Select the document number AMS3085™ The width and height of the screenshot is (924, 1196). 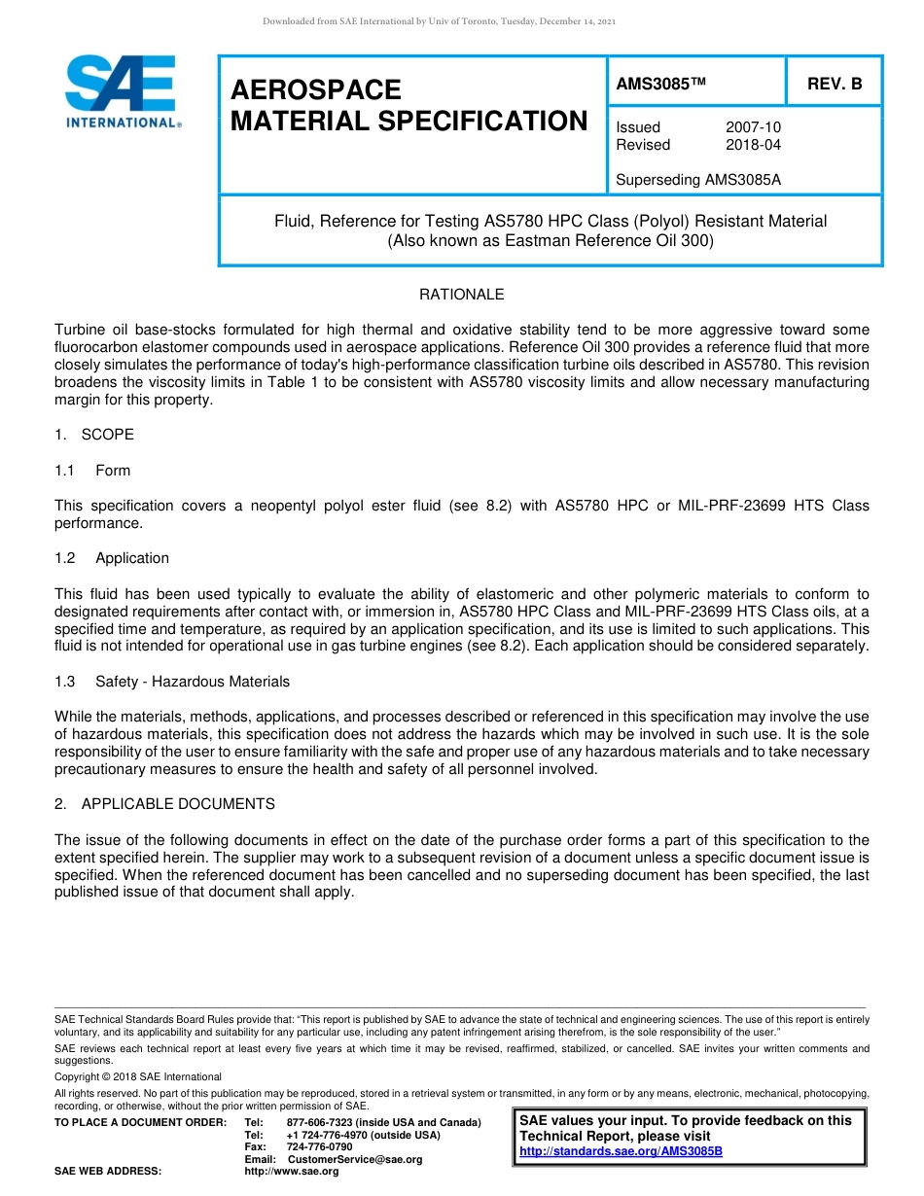click(x=660, y=84)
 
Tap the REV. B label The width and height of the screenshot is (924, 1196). click(x=835, y=84)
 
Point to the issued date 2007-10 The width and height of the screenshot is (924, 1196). click(x=753, y=127)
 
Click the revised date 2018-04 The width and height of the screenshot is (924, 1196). click(x=753, y=145)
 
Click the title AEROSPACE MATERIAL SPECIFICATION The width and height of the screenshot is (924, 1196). click(x=409, y=106)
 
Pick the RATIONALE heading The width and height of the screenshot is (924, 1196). click(x=461, y=295)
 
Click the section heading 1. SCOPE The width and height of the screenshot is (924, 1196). click(x=94, y=435)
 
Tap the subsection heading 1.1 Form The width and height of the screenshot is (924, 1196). click(x=93, y=471)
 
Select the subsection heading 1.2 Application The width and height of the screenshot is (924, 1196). click(x=112, y=558)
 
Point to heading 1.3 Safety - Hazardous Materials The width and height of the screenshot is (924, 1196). click(x=172, y=682)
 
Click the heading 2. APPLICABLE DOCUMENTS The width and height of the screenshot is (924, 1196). click(x=164, y=804)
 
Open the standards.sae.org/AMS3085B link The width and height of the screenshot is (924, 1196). click(x=622, y=1151)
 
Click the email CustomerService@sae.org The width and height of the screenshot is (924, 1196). click(x=355, y=1159)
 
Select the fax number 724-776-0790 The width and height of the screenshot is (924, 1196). click(x=320, y=1147)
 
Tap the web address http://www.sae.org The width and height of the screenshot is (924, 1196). click(x=292, y=1172)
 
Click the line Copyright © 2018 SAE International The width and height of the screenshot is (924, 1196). click(x=138, y=1076)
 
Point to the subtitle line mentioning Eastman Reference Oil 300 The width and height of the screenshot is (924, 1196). click(x=551, y=241)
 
